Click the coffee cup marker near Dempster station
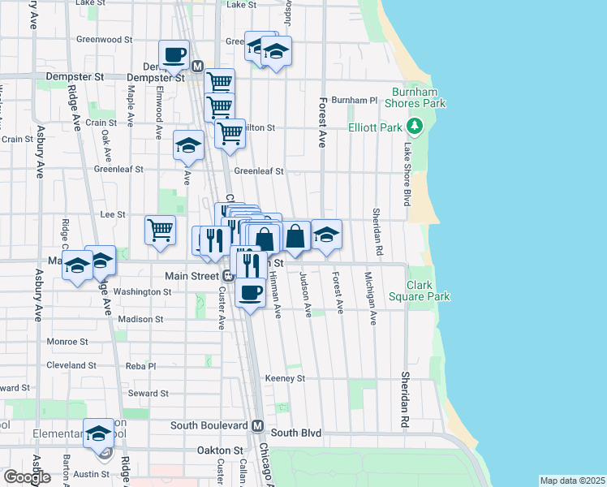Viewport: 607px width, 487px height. [x=174, y=54]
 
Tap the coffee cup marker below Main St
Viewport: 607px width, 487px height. [x=250, y=291]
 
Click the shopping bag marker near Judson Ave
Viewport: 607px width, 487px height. [x=295, y=236]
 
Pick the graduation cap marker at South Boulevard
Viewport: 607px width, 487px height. [x=99, y=433]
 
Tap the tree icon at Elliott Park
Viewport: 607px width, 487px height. [x=415, y=126]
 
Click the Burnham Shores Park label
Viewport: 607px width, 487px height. [x=419, y=97]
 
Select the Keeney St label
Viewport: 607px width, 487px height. [x=285, y=378]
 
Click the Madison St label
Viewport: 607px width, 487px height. [x=141, y=319]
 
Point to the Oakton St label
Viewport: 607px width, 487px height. [x=220, y=450]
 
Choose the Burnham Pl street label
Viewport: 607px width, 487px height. [x=355, y=101]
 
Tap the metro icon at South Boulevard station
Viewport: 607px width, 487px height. [x=257, y=425]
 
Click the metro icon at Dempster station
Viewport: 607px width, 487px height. [x=196, y=66]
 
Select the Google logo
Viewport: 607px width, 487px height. [x=28, y=476]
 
